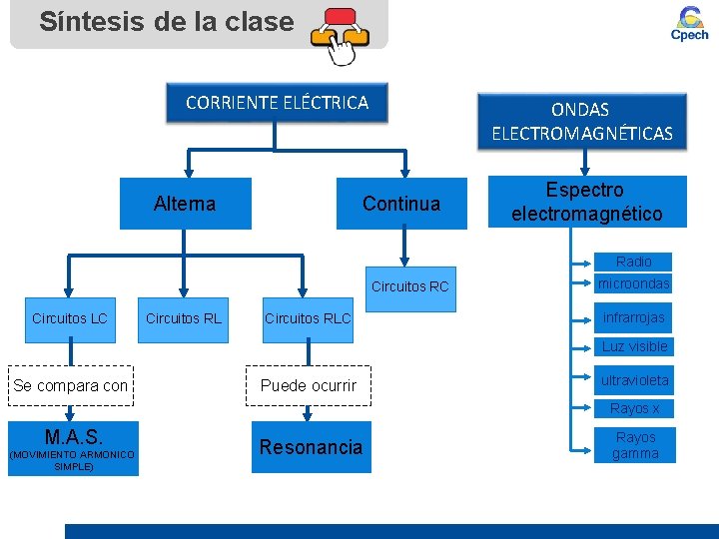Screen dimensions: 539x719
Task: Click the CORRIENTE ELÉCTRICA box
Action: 277,102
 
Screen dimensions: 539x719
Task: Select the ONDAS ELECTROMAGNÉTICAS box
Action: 582,121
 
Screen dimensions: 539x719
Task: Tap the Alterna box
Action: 185,204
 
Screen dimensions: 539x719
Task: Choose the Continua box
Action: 401,204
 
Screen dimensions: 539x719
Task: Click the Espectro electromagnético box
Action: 587,202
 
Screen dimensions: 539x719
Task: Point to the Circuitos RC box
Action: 410,287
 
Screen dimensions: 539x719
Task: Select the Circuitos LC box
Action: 70,318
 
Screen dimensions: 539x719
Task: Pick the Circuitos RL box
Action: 184,318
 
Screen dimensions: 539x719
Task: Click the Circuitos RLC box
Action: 308,318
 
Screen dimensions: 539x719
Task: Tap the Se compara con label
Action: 71,386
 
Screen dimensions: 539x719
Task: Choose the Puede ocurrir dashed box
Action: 309,386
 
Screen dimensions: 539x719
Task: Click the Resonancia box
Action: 311,447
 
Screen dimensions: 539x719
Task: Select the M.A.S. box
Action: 73,448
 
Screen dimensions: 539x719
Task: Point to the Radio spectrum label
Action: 634,262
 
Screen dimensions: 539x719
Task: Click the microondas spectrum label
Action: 634,283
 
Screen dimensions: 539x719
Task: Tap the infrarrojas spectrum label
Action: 634,318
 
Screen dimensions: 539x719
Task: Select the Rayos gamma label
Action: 636,445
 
